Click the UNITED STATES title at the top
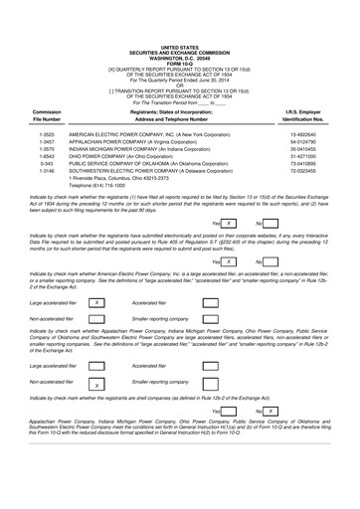pyautogui.click(x=179, y=8)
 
